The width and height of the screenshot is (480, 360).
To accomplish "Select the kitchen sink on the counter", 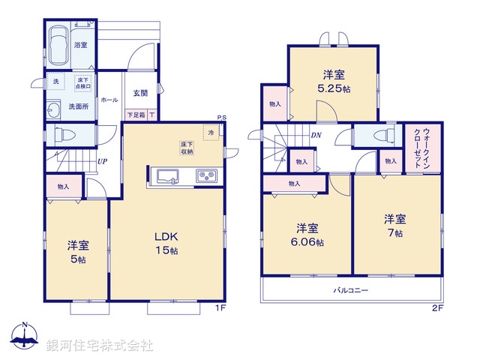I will tap(166, 177).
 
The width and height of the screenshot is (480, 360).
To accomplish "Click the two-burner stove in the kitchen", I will tap(205, 177).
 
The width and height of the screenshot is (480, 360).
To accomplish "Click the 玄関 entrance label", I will tap(140, 94).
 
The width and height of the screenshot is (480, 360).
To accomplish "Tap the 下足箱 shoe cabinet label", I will tap(136, 115).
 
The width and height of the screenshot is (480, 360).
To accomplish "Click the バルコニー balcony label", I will tap(351, 290).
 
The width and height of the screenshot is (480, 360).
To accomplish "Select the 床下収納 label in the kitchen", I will tap(187, 147).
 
